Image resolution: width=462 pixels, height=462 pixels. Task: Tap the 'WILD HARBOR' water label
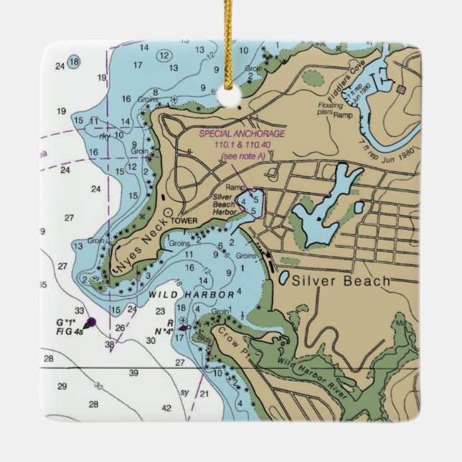(191, 295)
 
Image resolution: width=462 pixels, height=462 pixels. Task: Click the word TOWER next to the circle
(184, 221)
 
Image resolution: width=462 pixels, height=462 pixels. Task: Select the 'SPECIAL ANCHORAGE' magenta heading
(242, 134)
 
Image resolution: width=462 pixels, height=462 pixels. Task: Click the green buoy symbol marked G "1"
(90, 323)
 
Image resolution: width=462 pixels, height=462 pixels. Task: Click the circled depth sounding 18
(72, 62)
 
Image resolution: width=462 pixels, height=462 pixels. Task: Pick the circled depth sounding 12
(164, 56)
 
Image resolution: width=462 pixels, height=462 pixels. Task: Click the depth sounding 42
(166, 407)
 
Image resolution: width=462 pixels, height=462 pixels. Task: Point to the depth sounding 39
(133, 373)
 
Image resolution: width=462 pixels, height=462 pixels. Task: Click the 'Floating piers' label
(330, 108)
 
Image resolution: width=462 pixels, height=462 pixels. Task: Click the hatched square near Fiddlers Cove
(400, 89)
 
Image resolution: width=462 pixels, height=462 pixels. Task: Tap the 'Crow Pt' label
(237, 340)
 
